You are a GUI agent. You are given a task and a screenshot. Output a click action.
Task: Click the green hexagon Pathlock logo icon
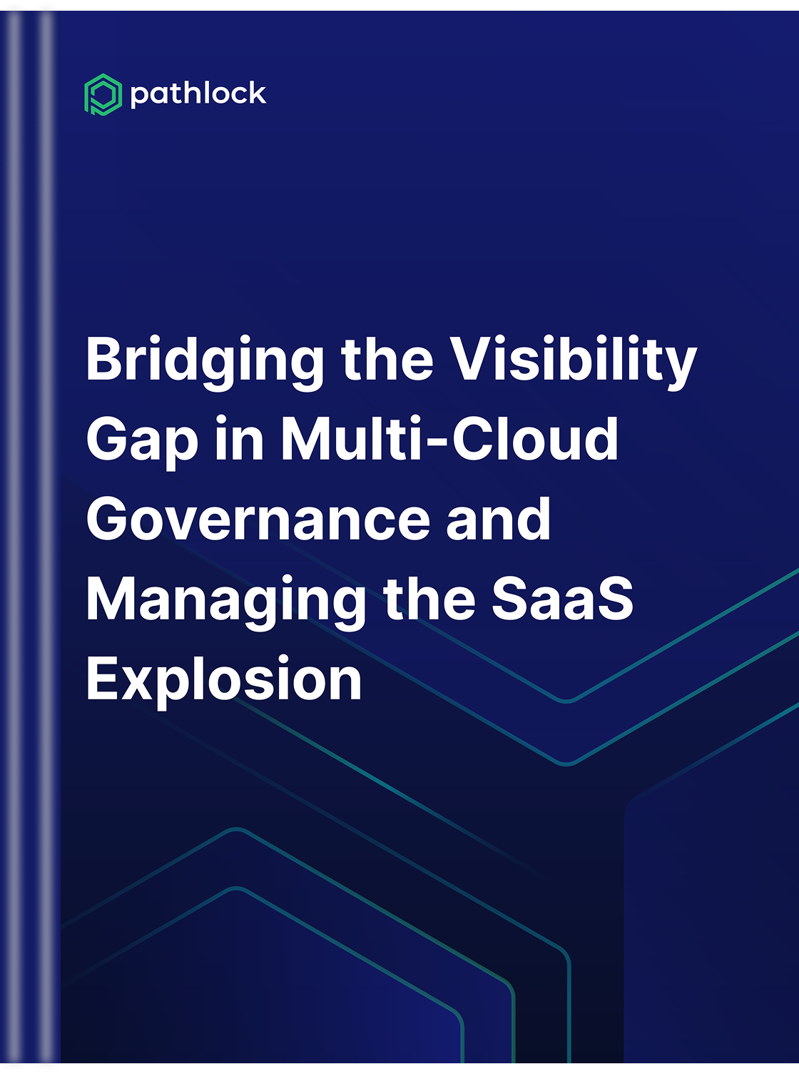point(103,94)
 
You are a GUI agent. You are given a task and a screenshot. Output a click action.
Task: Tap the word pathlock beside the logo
point(198,94)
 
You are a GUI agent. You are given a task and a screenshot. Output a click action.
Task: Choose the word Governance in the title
point(258,519)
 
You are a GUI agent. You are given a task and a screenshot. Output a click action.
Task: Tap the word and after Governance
point(498,517)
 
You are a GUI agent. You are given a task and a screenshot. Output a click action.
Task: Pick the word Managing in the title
point(226,602)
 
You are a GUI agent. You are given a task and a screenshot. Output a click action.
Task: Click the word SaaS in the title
point(563,598)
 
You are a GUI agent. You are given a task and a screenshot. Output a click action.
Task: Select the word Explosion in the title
point(224,682)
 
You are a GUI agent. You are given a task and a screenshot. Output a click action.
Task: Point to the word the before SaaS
point(429,598)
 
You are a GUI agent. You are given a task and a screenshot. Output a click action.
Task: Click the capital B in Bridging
point(106,358)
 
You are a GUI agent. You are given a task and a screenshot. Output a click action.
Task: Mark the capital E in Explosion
point(103,677)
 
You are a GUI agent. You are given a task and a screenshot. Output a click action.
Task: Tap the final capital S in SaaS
point(614,598)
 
